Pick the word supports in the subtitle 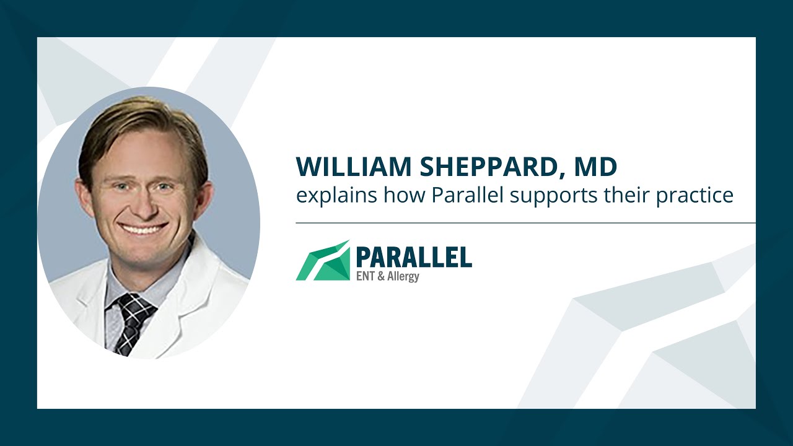[x=551, y=196]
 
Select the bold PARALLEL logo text [x=414, y=256]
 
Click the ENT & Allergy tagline [x=387, y=276]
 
